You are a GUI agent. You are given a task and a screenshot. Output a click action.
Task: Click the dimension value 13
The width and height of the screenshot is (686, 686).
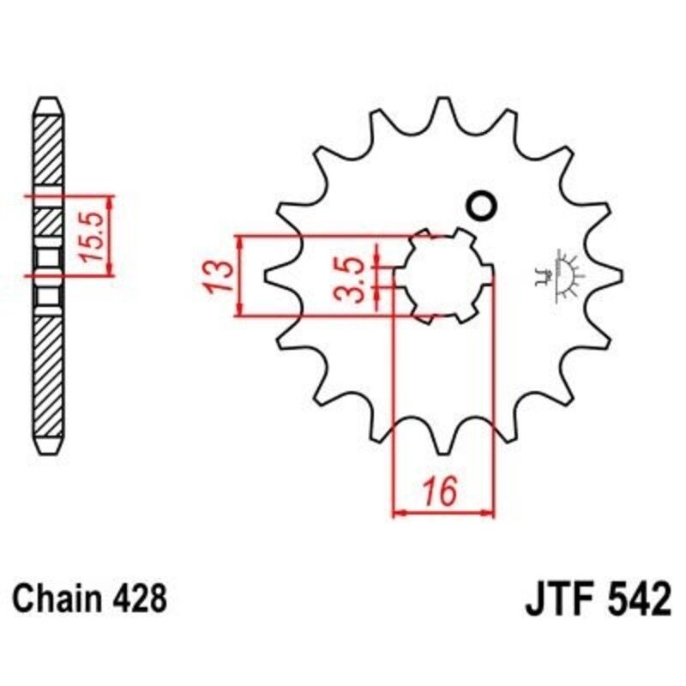pos(220,276)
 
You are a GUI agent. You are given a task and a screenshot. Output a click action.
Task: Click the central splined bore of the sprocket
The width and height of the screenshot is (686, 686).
pos(443,274)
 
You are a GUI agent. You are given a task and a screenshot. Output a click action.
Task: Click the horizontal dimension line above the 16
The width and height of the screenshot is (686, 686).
pos(443,514)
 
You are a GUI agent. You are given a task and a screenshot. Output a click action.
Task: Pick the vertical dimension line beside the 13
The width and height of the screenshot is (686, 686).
pos(240,276)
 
